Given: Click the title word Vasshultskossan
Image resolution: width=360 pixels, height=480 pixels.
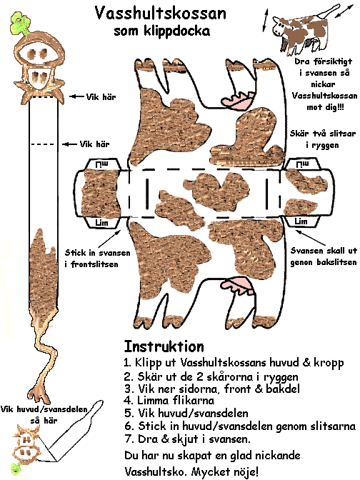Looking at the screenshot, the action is pyautogui.click(x=161, y=14).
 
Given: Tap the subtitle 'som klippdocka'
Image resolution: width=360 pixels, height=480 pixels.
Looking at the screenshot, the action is pyautogui.click(x=162, y=31).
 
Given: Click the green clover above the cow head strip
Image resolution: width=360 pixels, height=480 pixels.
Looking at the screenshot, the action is pyautogui.click(x=20, y=23).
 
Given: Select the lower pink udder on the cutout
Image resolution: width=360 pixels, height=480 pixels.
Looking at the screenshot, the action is pyautogui.click(x=238, y=285).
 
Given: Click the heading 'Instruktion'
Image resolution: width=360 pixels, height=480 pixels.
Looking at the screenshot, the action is pyautogui.click(x=164, y=346).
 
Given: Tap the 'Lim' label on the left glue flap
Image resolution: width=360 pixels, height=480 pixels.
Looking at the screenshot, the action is pyautogui.click(x=102, y=222).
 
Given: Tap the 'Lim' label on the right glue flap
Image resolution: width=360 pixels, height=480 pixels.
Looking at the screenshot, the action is pyautogui.click(x=301, y=221).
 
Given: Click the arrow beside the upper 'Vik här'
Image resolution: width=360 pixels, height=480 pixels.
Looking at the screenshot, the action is pyautogui.click(x=76, y=96).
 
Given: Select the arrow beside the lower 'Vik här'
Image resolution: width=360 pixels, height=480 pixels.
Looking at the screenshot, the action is pyautogui.click(x=69, y=144).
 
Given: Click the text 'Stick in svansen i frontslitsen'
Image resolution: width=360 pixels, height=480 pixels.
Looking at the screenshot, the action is pyautogui.click(x=97, y=259).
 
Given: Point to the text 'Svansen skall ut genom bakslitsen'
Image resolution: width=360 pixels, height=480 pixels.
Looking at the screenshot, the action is pyautogui.click(x=324, y=256).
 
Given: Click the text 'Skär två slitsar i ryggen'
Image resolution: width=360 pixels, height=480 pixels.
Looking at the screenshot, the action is pyautogui.click(x=323, y=139).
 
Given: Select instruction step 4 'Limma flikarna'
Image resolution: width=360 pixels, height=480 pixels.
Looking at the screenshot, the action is pyautogui.click(x=169, y=400).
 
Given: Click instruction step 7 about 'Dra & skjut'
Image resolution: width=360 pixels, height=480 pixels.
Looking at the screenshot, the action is pyautogui.click(x=187, y=439).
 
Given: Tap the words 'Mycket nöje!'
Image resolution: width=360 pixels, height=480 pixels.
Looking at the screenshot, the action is pyautogui.click(x=225, y=471).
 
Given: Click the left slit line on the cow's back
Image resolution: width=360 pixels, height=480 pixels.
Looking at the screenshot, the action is pyautogui.click(x=147, y=194).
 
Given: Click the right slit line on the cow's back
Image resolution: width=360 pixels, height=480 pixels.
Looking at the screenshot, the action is pyautogui.click(x=267, y=194).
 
